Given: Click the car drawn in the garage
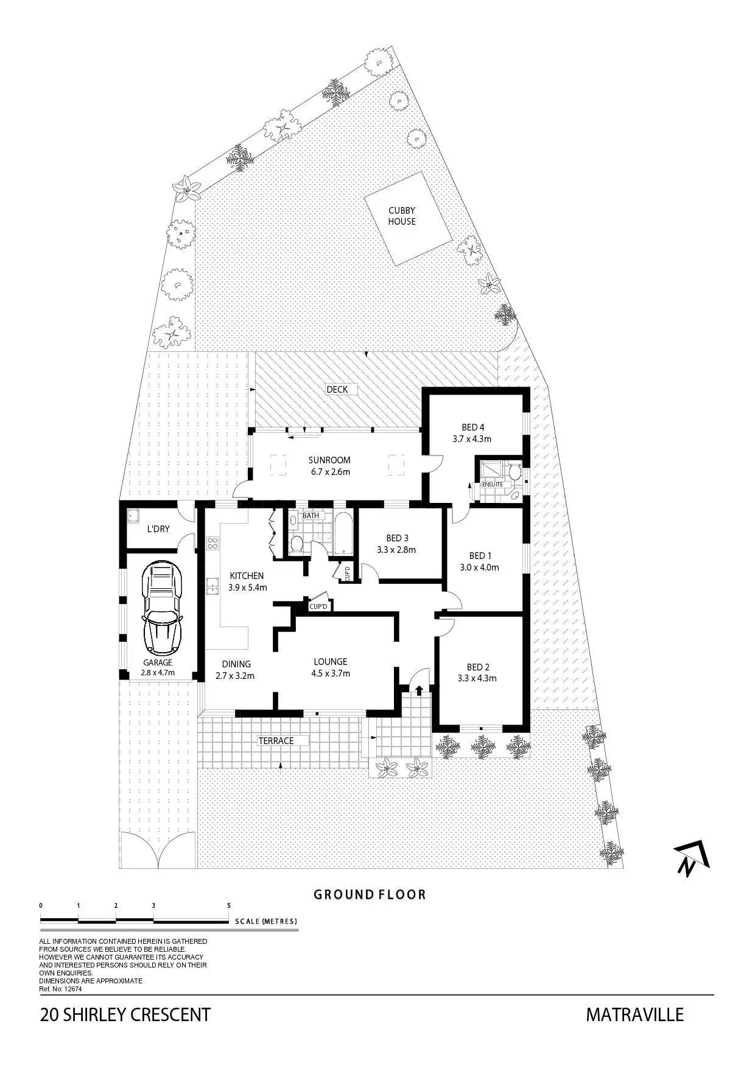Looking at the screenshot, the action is click(x=161, y=608).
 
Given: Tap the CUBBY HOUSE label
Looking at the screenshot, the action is click(x=402, y=216).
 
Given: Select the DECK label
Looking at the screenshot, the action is click(x=337, y=390).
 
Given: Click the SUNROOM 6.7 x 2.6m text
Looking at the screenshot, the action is click(x=329, y=466).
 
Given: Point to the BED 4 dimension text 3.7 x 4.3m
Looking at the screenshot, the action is click(x=472, y=438).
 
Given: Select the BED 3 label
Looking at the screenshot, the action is click(x=397, y=538).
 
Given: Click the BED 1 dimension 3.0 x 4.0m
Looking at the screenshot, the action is click(x=479, y=567).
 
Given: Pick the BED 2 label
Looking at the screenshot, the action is click(x=478, y=667).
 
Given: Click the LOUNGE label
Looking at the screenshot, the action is click(x=331, y=662).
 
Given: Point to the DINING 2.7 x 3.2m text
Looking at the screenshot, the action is click(x=235, y=670).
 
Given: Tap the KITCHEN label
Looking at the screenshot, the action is click(x=247, y=576).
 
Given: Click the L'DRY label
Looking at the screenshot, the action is click(x=158, y=529).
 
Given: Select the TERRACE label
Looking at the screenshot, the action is click(x=276, y=741).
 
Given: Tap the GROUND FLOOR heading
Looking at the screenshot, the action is click(x=370, y=894).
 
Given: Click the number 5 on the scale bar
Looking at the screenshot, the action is click(x=229, y=905).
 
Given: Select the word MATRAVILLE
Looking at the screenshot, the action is click(x=635, y=1015).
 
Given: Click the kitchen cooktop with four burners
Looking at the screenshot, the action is click(x=212, y=543).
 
